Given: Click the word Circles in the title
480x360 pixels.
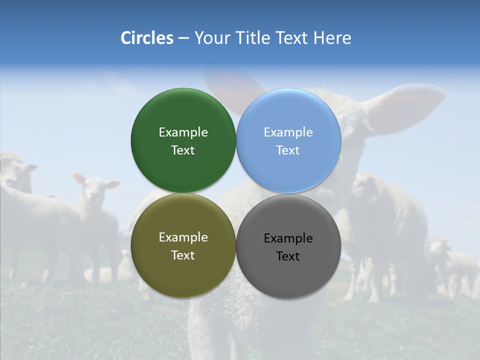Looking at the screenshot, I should click(x=146, y=38).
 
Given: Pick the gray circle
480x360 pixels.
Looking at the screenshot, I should click(x=288, y=275).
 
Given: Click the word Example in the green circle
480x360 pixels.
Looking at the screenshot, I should click(x=183, y=132).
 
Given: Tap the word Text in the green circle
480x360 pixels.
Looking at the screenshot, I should click(x=183, y=150).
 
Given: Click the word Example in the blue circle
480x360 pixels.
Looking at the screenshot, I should click(x=288, y=132).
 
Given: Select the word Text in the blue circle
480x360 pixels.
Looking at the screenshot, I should click(x=288, y=150).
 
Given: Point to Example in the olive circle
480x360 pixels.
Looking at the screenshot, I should click(x=183, y=237).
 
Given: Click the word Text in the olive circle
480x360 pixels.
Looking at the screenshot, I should click(x=183, y=255).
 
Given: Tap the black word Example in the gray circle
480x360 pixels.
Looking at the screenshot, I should click(x=288, y=238).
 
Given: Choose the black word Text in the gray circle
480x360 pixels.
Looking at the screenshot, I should click(x=288, y=256).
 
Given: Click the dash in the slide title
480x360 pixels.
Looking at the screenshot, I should click(x=183, y=38).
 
